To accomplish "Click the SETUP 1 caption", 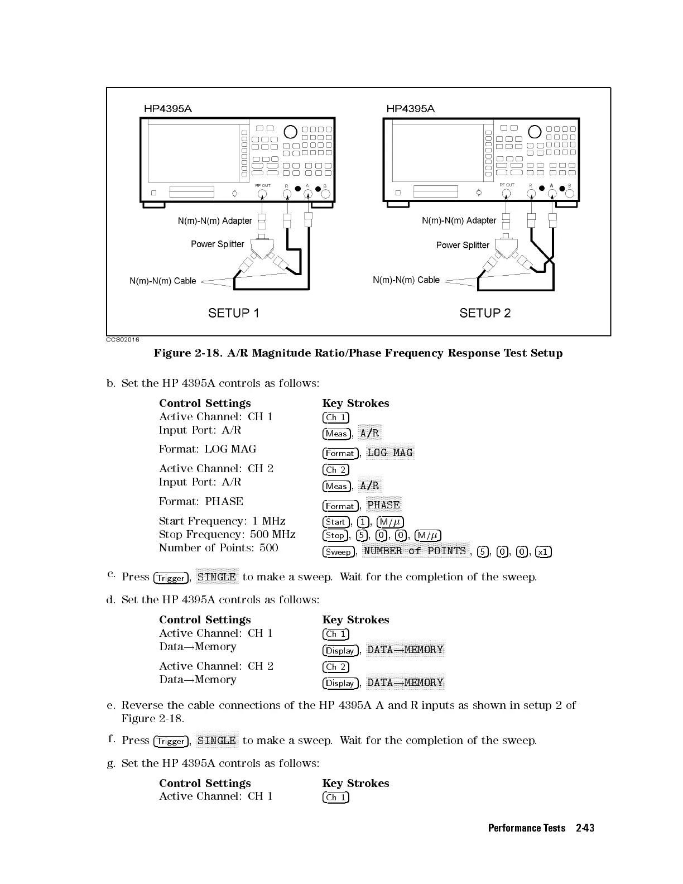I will click(x=233, y=313).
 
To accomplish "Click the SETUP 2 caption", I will click(x=484, y=313).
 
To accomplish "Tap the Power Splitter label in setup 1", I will click(x=217, y=244).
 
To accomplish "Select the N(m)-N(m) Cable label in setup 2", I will click(x=406, y=280).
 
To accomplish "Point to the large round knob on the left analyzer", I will click(x=291, y=132).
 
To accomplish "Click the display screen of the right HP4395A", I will click(x=437, y=152).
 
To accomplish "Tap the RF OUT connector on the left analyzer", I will click(x=262, y=194).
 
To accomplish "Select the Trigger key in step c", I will click(x=171, y=578).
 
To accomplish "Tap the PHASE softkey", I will click(x=383, y=505).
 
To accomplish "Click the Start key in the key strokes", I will click(x=335, y=522).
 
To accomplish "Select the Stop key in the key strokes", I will click(x=335, y=535).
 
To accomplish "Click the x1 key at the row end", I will click(x=543, y=552).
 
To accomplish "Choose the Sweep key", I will click(x=338, y=552).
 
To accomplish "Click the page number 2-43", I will click(x=585, y=828).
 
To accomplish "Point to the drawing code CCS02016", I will click(x=123, y=339).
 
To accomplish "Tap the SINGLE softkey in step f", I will click(x=217, y=741).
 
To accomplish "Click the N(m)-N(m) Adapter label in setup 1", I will click(x=215, y=220).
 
